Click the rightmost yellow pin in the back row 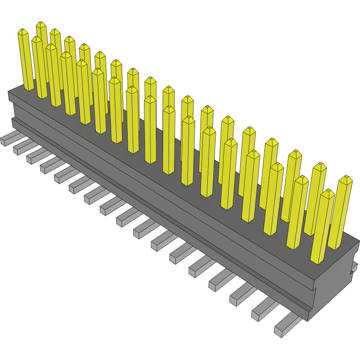[x=341, y=214]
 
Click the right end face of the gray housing [x=335, y=283]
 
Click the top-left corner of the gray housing [x=9, y=93]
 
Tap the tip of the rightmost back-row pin [x=346, y=178]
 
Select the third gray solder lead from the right [x=241, y=296]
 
